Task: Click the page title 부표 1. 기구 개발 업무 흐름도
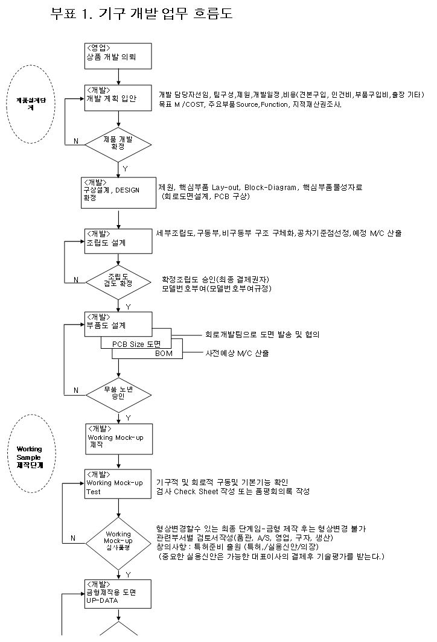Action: [142, 14]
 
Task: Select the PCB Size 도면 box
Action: [136, 343]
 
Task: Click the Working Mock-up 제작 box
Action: [118, 437]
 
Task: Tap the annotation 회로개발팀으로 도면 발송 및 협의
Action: [263, 334]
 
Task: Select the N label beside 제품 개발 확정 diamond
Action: [75, 141]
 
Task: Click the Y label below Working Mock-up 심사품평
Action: [128, 575]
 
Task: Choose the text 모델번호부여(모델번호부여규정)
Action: [217, 288]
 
